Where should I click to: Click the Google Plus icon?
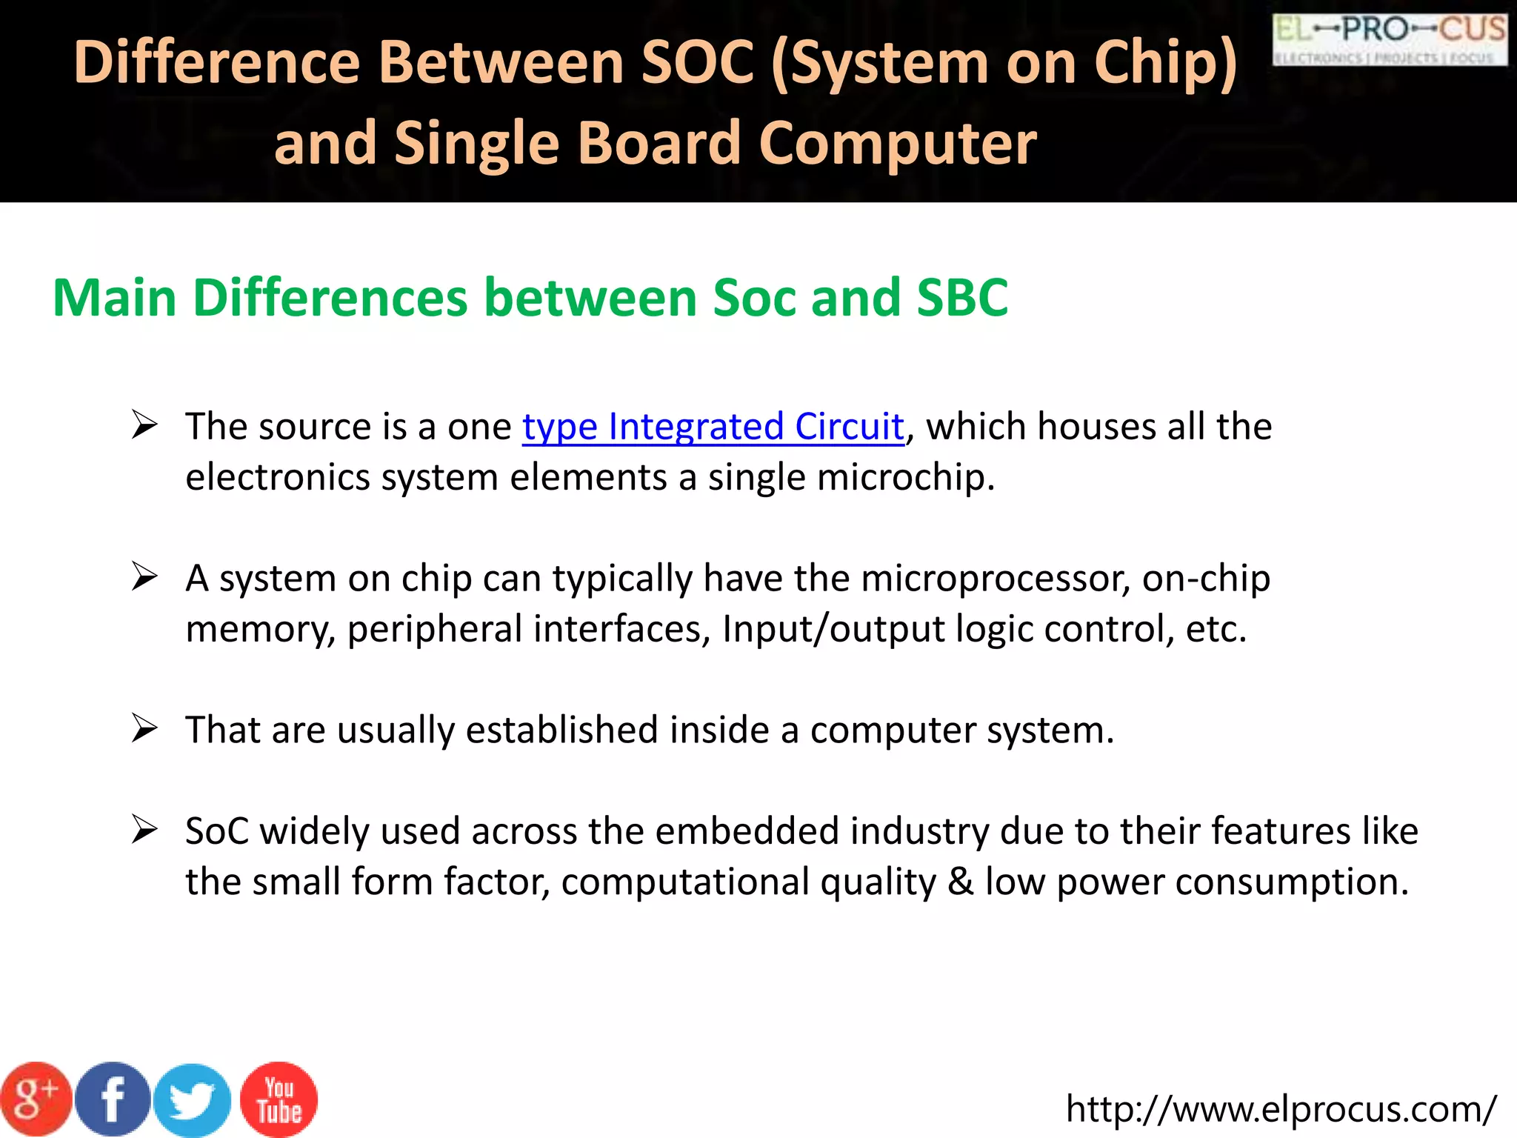(x=36, y=1099)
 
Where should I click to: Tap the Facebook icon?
(x=113, y=1099)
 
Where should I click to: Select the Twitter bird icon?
(x=193, y=1100)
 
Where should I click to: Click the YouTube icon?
(x=279, y=1099)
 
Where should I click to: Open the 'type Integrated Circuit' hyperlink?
(x=713, y=427)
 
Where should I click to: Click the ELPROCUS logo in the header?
(x=1390, y=40)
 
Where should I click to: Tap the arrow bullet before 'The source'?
(x=144, y=425)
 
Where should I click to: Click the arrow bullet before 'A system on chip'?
(x=144, y=577)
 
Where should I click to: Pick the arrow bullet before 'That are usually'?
(x=144, y=729)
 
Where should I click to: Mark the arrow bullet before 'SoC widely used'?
(x=144, y=830)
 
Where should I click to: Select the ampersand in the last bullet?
(x=961, y=882)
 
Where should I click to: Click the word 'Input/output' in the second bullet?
(x=833, y=629)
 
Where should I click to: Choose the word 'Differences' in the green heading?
(x=330, y=298)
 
